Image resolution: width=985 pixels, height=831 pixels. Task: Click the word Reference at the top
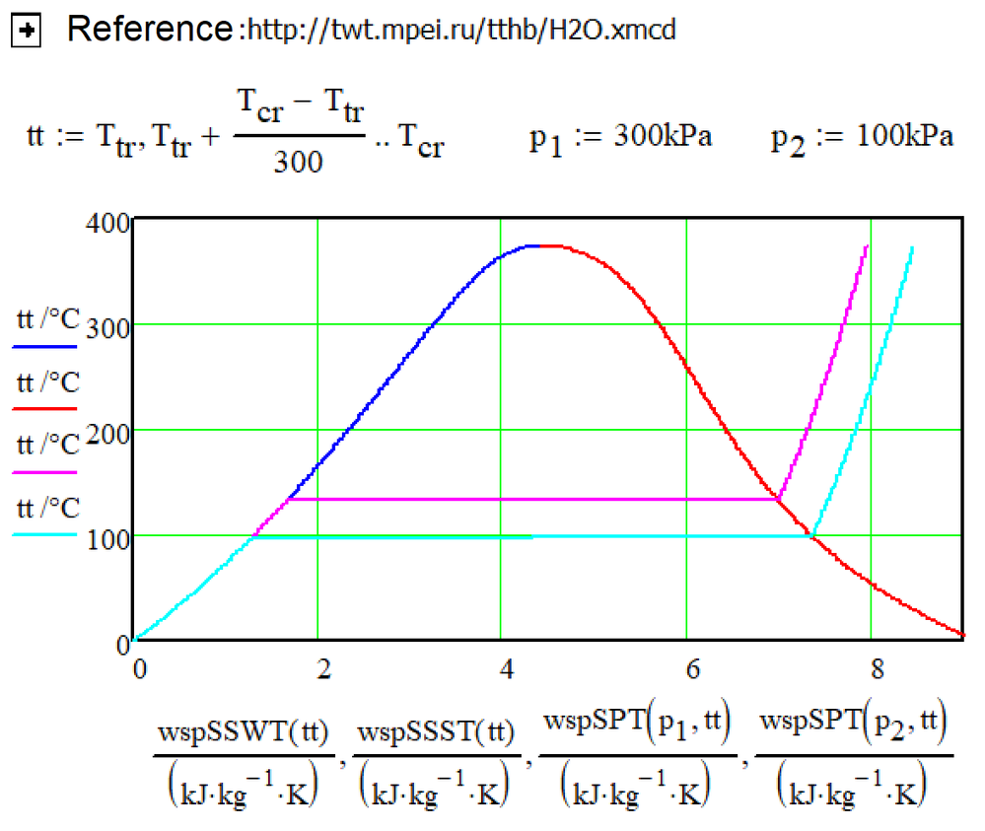click(x=148, y=30)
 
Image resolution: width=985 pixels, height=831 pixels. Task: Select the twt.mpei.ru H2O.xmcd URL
click(x=459, y=32)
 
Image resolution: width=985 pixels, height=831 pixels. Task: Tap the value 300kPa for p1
click(x=663, y=136)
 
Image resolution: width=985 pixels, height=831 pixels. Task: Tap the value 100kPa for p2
click(x=904, y=136)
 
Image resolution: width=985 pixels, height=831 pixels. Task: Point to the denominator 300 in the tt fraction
click(x=299, y=161)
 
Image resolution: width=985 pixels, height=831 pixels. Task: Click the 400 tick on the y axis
click(x=110, y=224)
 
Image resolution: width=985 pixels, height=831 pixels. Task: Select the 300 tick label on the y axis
click(x=110, y=325)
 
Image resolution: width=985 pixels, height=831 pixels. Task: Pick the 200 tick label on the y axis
click(x=110, y=431)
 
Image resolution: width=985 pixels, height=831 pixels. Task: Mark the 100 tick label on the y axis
click(x=110, y=536)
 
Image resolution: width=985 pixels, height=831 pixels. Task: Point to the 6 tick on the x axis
click(x=691, y=667)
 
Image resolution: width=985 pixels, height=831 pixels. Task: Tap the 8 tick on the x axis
click(x=876, y=667)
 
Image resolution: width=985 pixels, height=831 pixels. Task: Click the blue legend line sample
click(x=45, y=347)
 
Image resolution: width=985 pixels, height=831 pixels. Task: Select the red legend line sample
click(x=45, y=407)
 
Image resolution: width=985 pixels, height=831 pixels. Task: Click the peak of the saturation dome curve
click(x=538, y=244)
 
